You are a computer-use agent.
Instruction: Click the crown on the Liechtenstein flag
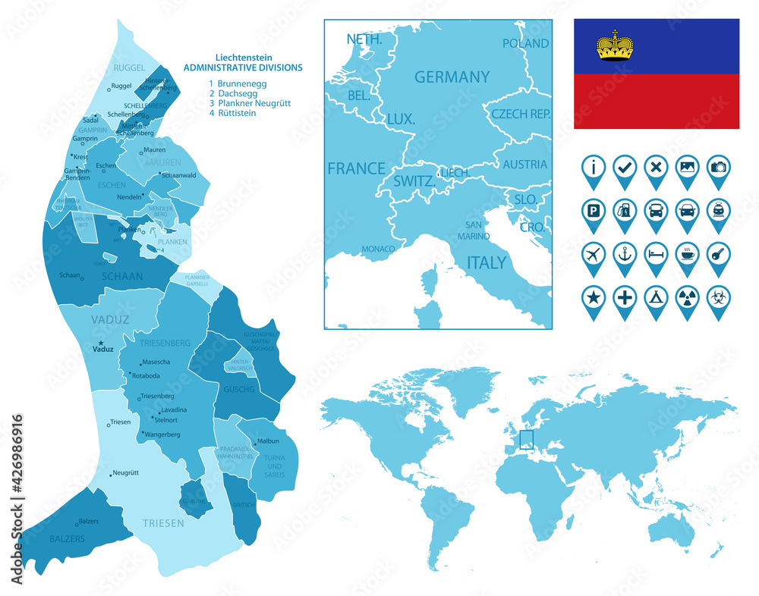click(x=615, y=46)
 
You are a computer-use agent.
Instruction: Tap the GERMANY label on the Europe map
click(x=452, y=77)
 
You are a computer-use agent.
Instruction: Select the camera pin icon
click(x=718, y=167)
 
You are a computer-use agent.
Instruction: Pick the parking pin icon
click(x=593, y=210)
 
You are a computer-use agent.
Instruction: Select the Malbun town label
click(x=268, y=441)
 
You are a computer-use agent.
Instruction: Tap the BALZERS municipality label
click(x=46, y=538)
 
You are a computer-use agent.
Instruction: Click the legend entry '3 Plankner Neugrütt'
click(x=249, y=103)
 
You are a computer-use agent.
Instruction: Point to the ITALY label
click(x=487, y=263)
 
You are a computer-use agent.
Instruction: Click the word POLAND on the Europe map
click(x=525, y=43)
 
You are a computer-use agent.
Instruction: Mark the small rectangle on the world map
click(x=525, y=440)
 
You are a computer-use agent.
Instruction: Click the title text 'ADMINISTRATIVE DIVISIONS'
click(x=243, y=67)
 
